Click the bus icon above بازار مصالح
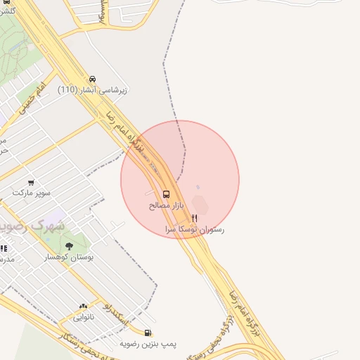click(167, 194)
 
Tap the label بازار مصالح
click(166, 206)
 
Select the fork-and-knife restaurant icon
click(195, 219)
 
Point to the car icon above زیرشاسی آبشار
click(93, 79)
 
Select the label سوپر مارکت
click(31, 193)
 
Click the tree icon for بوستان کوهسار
click(69, 246)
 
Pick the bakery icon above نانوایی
click(84, 306)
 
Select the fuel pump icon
click(148, 333)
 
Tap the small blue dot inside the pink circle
click(198, 187)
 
